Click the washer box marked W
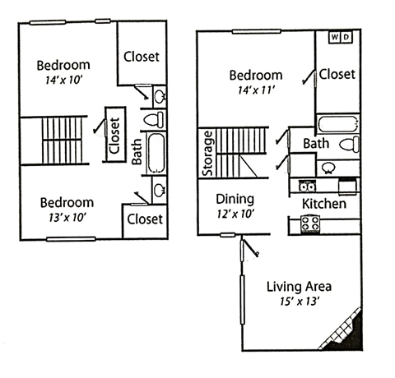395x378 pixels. click(x=335, y=37)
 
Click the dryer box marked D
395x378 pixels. click(x=346, y=37)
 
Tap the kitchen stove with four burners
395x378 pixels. click(x=310, y=224)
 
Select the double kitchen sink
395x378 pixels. click(x=307, y=187)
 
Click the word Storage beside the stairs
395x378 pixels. click(x=207, y=154)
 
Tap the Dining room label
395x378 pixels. click(x=235, y=200)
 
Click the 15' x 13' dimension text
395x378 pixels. click(x=300, y=302)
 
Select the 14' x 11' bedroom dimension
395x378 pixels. click(x=256, y=90)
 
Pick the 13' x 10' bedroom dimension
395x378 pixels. click(x=67, y=218)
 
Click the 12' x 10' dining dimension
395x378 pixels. click(x=235, y=214)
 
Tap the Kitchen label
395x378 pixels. click(x=324, y=204)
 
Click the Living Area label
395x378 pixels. click(x=299, y=287)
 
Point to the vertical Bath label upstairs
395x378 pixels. click(x=137, y=152)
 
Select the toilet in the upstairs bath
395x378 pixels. click(x=154, y=119)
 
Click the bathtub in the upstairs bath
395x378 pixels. click(x=156, y=153)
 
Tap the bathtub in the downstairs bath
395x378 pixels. click(x=338, y=124)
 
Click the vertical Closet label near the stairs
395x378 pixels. click(x=115, y=136)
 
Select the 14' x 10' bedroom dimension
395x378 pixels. click(x=64, y=80)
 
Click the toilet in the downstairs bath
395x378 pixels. click(x=349, y=145)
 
